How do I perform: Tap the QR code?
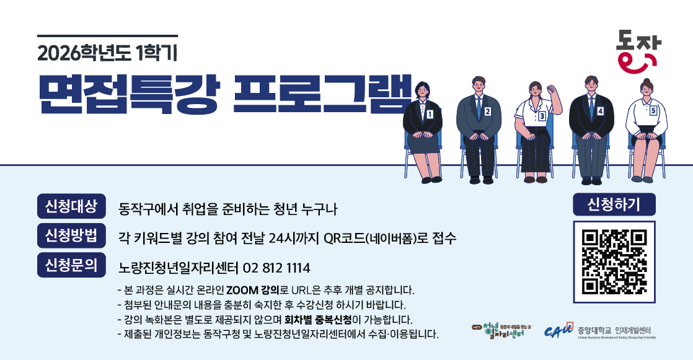coord(614,261)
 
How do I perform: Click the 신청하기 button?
coord(614,203)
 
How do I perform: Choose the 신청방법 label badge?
coord(71,235)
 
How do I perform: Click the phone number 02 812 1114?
coord(277,268)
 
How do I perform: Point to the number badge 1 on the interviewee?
coord(429,114)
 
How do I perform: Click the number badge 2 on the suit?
coord(487,112)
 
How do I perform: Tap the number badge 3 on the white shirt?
coord(542,116)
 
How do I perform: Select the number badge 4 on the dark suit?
coord(600,111)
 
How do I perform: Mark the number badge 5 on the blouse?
coord(653,110)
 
